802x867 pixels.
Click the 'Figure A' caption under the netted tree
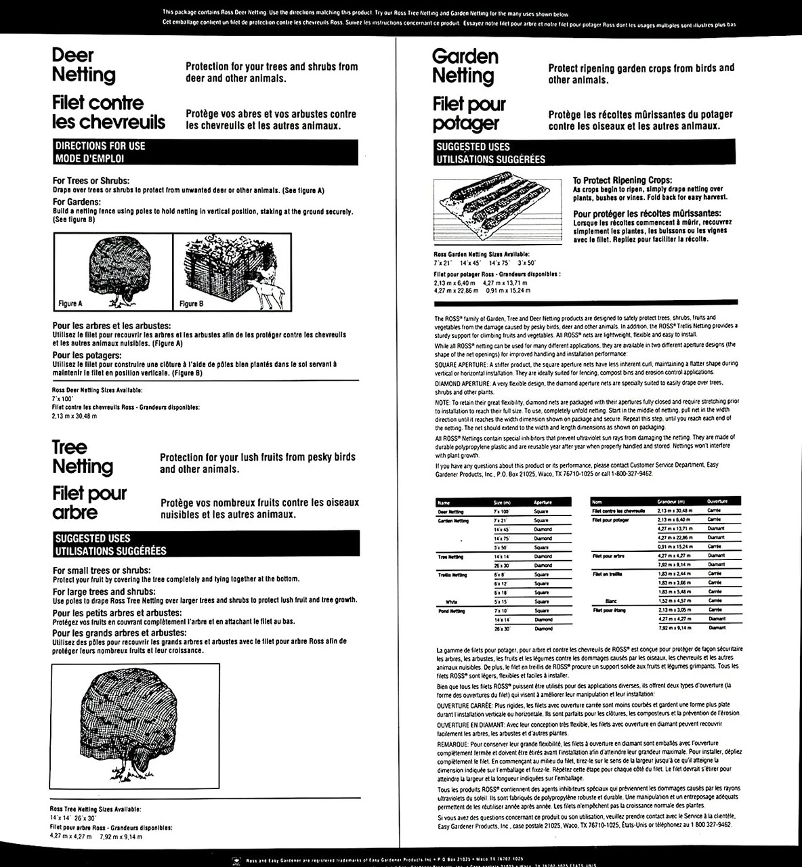pyautogui.click(x=70, y=303)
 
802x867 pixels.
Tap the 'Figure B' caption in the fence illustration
pyautogui.click(x=192, y=303)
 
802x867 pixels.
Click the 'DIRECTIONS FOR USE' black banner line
pyautogui.click(x=100, y=146)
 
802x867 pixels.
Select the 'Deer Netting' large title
pyautogui.click(x=83, y=65)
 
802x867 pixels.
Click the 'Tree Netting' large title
pyautogui.click(x=83, y=457)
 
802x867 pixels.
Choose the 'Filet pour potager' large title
pyautogui.click(x=469, y=114)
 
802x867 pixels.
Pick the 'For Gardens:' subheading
pyautogui.click(x=77, y=202)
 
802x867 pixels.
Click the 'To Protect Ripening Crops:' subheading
pyautogui.click(x=622, y=180)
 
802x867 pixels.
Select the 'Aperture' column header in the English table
pyautogui.click(x=543, y=503)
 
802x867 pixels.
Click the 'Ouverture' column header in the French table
pyautogui.click(x=717, y=501)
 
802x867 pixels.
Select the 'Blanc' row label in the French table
pyautogui.click(x=608, y=601)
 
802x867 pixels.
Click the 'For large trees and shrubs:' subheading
pyautogui.click(x=104, y=591)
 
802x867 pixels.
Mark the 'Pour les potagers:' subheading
pyautogui.click(x=87, y=355)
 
